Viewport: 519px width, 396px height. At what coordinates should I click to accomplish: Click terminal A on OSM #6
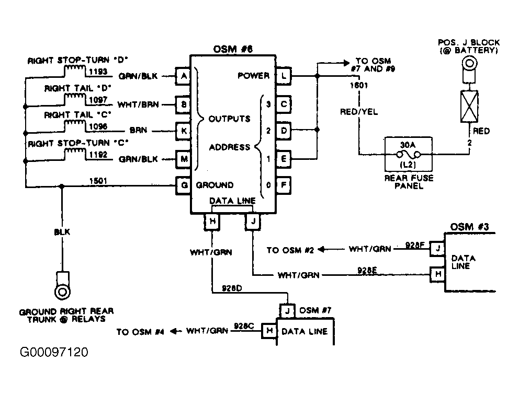pos(183,76)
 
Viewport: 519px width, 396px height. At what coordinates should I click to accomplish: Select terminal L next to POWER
pos(284,76)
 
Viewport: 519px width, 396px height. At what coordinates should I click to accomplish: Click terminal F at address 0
pos(284,185)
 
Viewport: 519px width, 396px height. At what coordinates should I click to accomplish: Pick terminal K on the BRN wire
pos(183,131)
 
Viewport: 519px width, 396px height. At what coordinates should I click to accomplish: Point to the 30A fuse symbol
pos(409,154)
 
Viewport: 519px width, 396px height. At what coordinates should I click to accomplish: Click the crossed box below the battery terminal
pos(469,107)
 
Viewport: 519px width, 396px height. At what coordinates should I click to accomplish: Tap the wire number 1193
pos(98,72)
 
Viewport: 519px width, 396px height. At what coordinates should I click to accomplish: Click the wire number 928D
pos(232,288)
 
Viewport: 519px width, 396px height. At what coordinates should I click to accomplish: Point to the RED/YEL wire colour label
pos(359,112)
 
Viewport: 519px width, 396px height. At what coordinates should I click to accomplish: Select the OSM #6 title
pos(233,49)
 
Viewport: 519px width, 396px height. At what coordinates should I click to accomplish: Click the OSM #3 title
pos(469,227)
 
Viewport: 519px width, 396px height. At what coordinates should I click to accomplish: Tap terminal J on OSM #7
pos(287,311)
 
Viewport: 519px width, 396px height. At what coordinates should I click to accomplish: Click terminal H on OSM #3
pos(437,274)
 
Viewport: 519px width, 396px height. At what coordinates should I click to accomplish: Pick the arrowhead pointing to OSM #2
pos(321,250)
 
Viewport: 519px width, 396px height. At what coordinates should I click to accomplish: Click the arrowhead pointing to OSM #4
pos(174,331)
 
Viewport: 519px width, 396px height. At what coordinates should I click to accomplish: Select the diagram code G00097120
pos(54,352)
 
